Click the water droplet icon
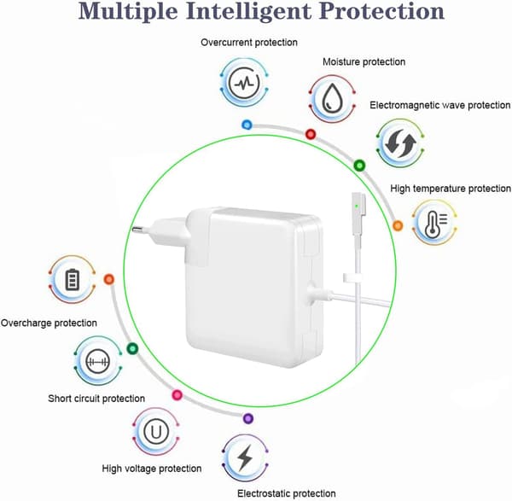[332, 98]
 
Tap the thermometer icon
[435, 224]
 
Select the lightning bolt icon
[245, 457]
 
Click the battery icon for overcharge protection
[73, 280]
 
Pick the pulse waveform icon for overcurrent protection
[244, 83]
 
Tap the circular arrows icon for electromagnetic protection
[400, 143]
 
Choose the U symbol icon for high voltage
[156, 431]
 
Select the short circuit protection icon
[97, 361]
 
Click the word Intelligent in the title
[248, 11]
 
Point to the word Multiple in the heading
[128, 11]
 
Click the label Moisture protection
[364, 61]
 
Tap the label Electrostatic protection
[287, 493]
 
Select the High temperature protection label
[451, 189]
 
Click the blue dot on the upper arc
[247, 125]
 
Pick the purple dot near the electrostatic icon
[248, 418]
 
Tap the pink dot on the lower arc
[177, 395]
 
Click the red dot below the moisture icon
[311, 134]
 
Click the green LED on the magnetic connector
[357, 206]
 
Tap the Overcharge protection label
[49, 323]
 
